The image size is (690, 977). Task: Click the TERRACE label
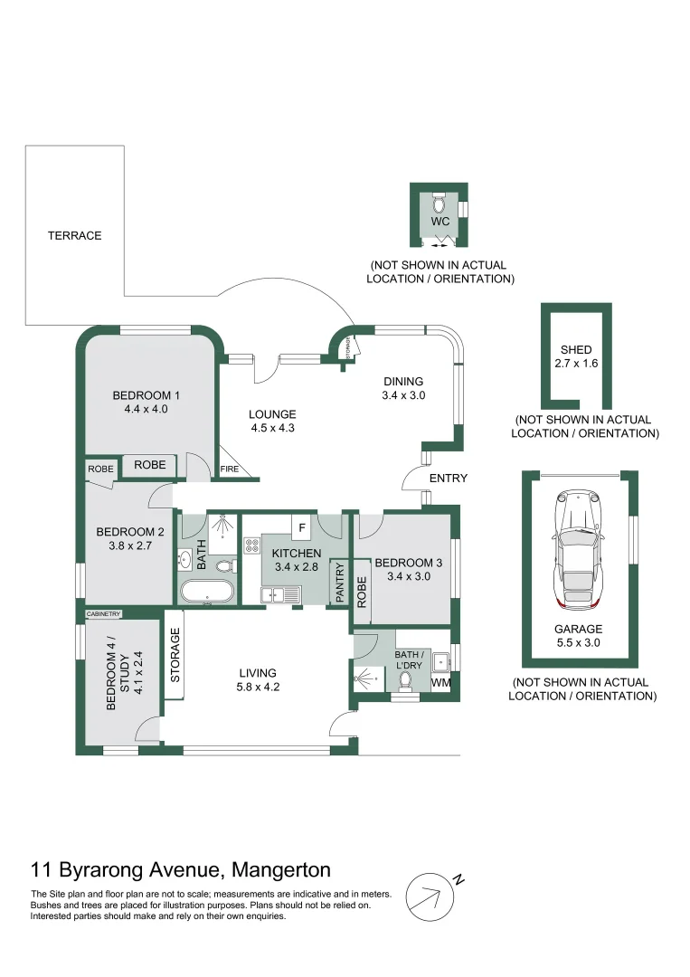75,235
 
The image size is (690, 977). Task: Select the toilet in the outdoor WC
439,204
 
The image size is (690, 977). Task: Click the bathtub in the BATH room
207,592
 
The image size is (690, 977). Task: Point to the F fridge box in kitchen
302,528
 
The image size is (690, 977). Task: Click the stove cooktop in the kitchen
252,545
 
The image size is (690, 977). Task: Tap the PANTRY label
339,583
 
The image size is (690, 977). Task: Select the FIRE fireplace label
230,470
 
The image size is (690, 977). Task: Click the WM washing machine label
441,682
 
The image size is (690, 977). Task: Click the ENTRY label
449,478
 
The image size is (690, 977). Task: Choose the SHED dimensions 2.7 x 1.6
576,364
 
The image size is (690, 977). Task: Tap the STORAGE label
175,655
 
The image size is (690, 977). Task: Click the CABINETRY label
103,614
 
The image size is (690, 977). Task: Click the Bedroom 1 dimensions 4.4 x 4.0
147,410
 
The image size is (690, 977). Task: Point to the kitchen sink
280,595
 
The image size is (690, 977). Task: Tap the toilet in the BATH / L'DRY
405,680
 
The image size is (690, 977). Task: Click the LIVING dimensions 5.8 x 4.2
258,688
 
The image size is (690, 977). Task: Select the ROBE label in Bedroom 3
362,592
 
